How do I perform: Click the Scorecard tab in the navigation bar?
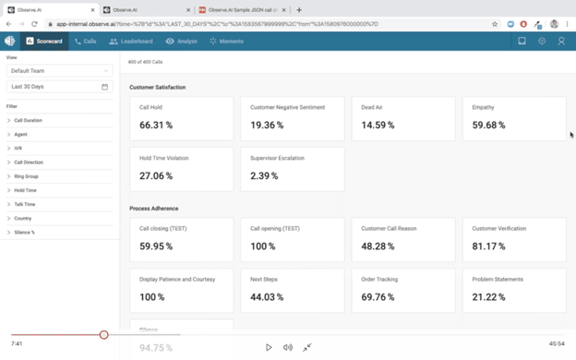click(x=44, y=42)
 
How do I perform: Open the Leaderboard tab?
click(x=131, y=42)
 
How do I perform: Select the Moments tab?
click(x=227, y=42)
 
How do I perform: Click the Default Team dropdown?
click(x=59, y=71)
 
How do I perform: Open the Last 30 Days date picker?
click(x=59, y=87)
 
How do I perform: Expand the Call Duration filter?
click(x=28, y=121)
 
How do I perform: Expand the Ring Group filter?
click(x=26, y=176)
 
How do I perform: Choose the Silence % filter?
click(x=24, y=233)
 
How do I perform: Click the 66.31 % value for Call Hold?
click(x=156, y=125)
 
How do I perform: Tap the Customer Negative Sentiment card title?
click(x=287, y=107)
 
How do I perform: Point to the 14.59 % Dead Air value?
click(x=378, y=125)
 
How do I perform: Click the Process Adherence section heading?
click(x=154, y=209)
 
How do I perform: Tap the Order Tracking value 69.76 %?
click(x=378, y=297)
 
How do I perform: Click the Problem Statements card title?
click(x=498, y=279)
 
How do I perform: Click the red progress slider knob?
click(x=104, y=335)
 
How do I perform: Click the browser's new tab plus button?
click(x=299, y=10)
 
